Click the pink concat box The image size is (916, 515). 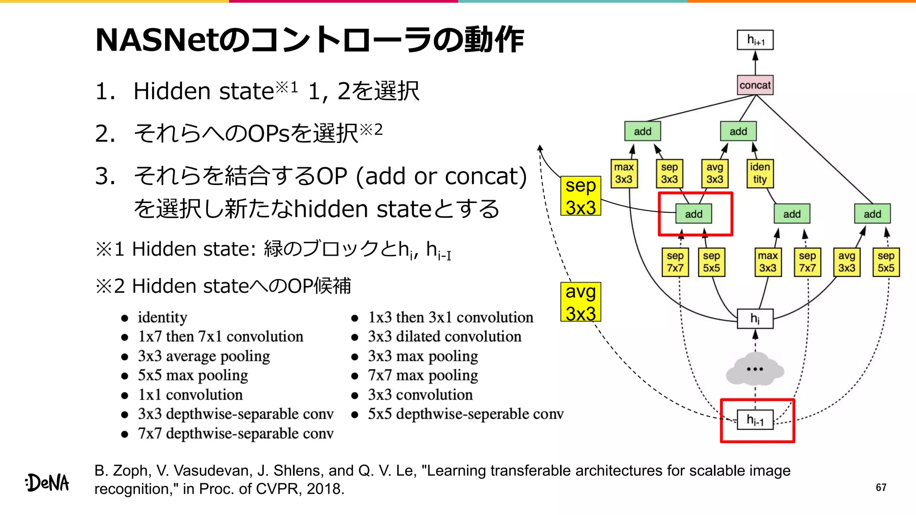[x=755, y=85]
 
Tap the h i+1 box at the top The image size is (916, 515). [x=755, y=40]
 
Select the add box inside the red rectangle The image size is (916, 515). [x=693, y=214]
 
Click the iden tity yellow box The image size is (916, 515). [x=759, y=173]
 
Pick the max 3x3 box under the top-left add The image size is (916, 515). [x=623, y=173]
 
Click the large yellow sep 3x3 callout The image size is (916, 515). [x=581, y=196]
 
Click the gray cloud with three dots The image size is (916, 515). [x=755, y=369]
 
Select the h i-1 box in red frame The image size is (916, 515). [x=755, y=420]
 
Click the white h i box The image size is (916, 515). [x=755, y=319]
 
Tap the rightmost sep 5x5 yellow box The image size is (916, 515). [x=886, y=262]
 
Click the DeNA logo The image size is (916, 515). [x=47, y=483]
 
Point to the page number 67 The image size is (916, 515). [x=881, y=487]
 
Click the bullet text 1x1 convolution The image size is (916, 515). [x=190, y=395]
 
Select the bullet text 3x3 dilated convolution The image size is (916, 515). [x=445, y=337]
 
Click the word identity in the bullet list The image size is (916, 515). [x=162, y=317]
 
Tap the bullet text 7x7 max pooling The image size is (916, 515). [x=423, y=376]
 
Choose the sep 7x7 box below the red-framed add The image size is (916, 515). [x=675, y=262]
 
